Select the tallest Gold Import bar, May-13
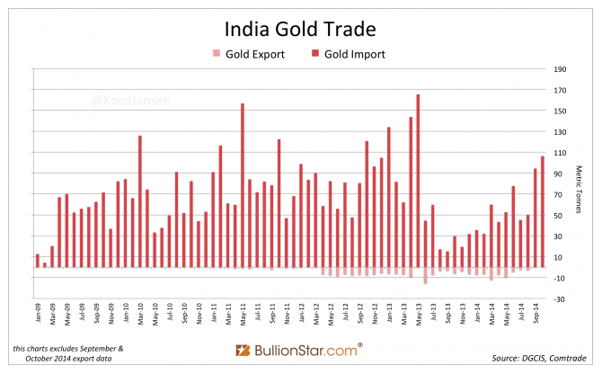pyautogui.click(x=419, y=180)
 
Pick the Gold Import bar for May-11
pyautogui.click(x=243, y=184)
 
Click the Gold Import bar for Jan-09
pyautogui.click(x=37, y=261)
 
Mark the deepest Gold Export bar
pyautogui.click(x=426, y=276)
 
